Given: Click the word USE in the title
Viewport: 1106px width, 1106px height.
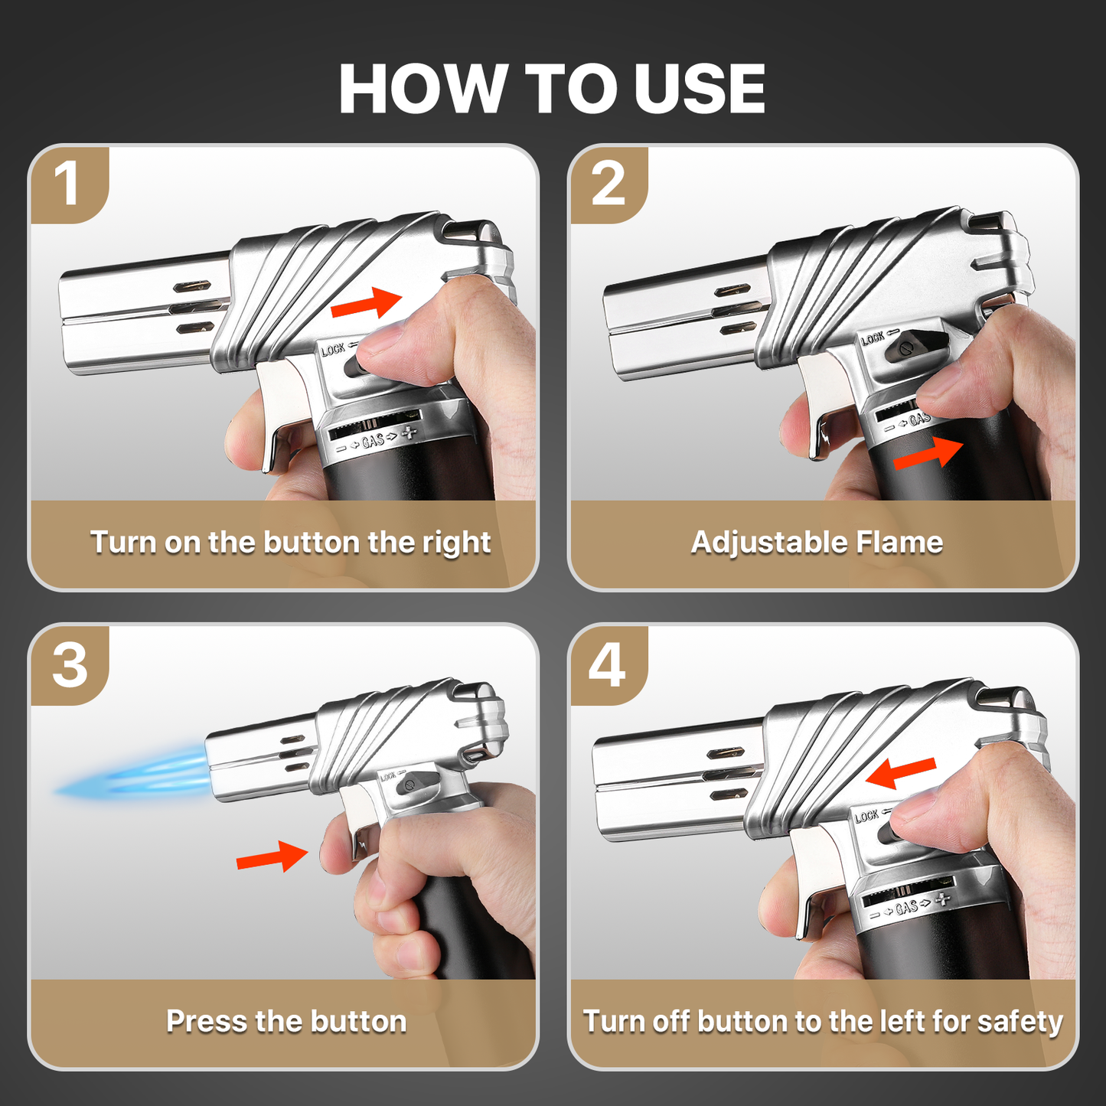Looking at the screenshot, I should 699,89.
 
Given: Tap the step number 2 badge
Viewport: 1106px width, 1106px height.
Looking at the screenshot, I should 608,184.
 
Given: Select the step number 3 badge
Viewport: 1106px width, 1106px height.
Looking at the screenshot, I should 70,664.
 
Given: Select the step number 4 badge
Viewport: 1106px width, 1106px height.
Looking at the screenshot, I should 608,664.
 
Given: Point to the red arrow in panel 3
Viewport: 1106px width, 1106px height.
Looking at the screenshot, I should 272,857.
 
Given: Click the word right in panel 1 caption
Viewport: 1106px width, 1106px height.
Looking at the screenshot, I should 456,543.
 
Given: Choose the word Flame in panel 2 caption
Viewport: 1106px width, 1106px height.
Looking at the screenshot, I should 899,543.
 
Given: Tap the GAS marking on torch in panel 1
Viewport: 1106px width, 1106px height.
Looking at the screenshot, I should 373,440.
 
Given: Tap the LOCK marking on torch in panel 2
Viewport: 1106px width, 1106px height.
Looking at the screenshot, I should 873,338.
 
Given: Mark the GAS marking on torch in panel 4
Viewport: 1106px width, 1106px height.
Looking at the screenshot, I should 906,907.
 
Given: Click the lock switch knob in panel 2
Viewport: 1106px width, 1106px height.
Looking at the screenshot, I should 909,348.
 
